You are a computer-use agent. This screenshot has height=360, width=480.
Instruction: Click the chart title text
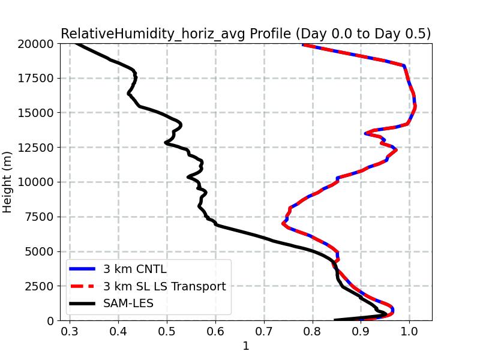[x=245, y=34]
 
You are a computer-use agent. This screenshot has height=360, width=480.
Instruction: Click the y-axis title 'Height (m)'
[x=8, y=182]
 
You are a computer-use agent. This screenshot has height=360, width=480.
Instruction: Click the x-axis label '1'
[x=245, y=346]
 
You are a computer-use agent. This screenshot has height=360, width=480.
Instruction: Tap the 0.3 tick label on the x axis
[x=70, y=331]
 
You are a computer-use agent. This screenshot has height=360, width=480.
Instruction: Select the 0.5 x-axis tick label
[x=167, y=331]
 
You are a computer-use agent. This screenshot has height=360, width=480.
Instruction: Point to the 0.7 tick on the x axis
[x=264, y=331]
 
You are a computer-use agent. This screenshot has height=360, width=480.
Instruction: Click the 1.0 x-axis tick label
[x=409, y=331]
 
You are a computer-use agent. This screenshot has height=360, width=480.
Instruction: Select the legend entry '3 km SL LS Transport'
[x=164, y=287]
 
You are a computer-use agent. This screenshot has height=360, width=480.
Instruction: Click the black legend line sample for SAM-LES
[x=83, y=304]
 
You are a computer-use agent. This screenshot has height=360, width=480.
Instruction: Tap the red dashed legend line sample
[x=83, y=287]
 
